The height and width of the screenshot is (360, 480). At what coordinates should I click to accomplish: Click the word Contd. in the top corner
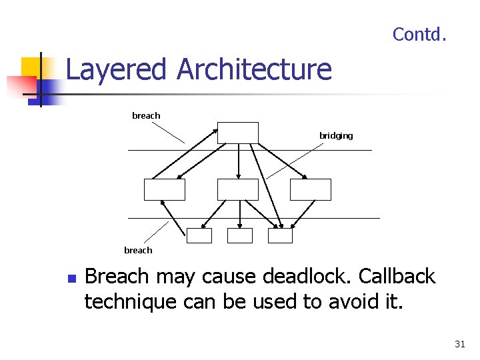tap(419, 34)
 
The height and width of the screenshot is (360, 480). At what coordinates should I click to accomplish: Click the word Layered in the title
tap(116, 69)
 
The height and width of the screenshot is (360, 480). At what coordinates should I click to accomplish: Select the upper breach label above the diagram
tap(146, 116)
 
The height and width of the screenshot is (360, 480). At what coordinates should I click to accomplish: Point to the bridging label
tap(336, 136)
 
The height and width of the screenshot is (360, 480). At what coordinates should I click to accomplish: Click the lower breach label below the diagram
tap(138, 251)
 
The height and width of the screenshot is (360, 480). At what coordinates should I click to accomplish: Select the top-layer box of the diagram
tap(238, 133)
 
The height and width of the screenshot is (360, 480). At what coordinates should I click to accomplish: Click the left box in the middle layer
tap(165, 189)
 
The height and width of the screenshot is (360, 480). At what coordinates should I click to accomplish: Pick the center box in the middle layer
tap(238, 189)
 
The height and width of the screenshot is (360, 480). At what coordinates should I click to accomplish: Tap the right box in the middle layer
tap(311, 189)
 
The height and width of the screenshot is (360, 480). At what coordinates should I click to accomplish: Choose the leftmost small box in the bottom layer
tap(199, 235)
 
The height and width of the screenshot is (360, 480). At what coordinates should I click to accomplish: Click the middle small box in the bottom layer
tap(240, 235)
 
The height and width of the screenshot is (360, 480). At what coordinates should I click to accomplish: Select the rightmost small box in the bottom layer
tap(280, 235)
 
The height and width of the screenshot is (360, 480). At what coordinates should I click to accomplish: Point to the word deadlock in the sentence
tap(309, 277)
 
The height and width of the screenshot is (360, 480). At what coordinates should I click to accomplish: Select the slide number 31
tap(459, 344)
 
